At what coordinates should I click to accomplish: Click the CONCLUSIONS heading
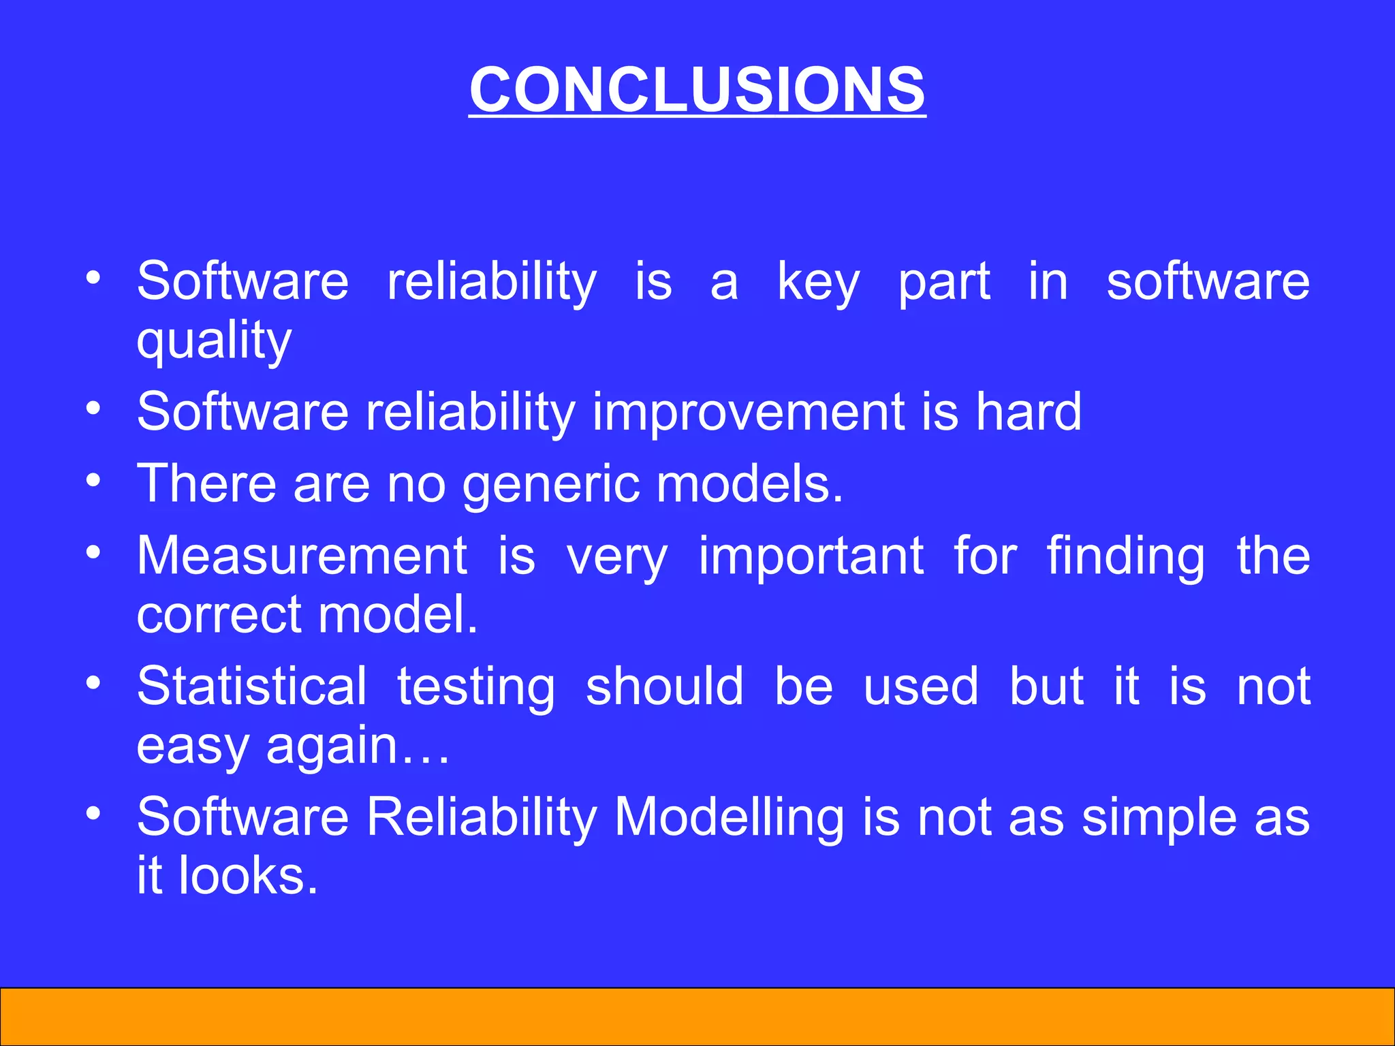click(x=697, y=90)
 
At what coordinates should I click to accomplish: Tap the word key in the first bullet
click(x=819, y=282)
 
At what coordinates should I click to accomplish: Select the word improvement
click(x=748, y=412)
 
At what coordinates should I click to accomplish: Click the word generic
click(x=551, y=485)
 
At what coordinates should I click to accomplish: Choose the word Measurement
click(x=302, y=556)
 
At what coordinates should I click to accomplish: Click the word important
click(x=811, y=558)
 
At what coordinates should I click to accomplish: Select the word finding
click(x=1125, y=558)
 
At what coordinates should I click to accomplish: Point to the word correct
click(x=219, y=615)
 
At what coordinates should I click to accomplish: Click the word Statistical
click(x=251, y=686)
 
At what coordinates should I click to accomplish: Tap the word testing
click(x=476, y=688)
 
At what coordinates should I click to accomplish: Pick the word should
click(x=664, y=686)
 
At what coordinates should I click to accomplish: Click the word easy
click(x=193, y=748)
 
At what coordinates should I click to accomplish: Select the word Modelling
click(x=730, y=818)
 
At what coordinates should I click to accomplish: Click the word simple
click(x=1159, y=818)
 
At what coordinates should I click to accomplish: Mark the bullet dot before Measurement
click(x=94, y=551)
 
